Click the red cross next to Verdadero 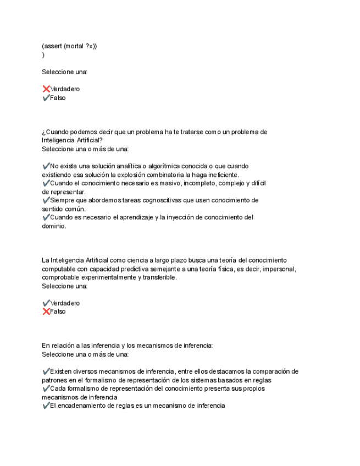pyautogui.click(x=46, y=89)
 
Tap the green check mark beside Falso pyautogui.click(x=46, y=98)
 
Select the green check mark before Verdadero pyautogui.click(x=46, y=303)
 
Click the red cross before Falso pyautogui.click(x=46, y=312)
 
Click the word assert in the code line pyautogui.click(x=53, y=46)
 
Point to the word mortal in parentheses pyautogui.click(x=74, y=46)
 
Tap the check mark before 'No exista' pyautogui.click(x=46, y=166)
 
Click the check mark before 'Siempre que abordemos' pyautogui.click(x=46, y=200)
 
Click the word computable pyautogui.click(x=59, y=269)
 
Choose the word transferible pyautogui.click(x=159, y=278)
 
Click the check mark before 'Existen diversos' pyautogui.click(x=46, y=371)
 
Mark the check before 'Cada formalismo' pyautogui.click(x=46, y=389)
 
